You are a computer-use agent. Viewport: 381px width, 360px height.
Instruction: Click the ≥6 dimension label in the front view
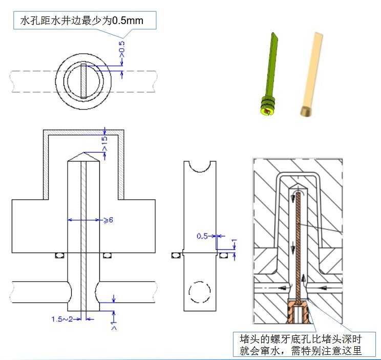(109, 220)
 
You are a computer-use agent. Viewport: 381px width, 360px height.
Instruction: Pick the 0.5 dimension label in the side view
(203, 236)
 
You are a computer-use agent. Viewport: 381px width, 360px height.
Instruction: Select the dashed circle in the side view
(200, 292)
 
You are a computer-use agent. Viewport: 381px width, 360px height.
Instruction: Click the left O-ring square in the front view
(60, 255)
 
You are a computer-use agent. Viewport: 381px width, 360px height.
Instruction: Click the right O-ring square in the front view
(107, 255)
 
